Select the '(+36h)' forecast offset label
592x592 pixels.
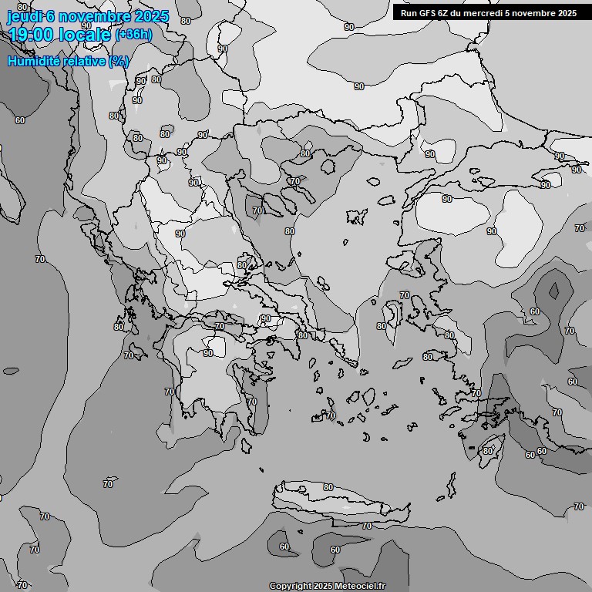point(133,35)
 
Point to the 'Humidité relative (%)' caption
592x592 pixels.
point(69,61)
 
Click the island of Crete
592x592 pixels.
point(339,497)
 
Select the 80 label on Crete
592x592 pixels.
point(328,487)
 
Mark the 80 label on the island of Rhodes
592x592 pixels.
point(487,451)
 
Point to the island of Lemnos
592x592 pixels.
point(355,217)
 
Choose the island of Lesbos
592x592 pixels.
point(408,265)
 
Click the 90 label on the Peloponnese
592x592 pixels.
point(208,353)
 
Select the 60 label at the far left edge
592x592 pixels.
point(19,120)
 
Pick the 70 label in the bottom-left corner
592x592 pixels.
point(22,585)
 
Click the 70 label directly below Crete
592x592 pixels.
point(367,526)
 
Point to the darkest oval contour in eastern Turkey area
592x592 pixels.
point(553,290)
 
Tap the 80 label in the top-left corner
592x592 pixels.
point(22,7)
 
